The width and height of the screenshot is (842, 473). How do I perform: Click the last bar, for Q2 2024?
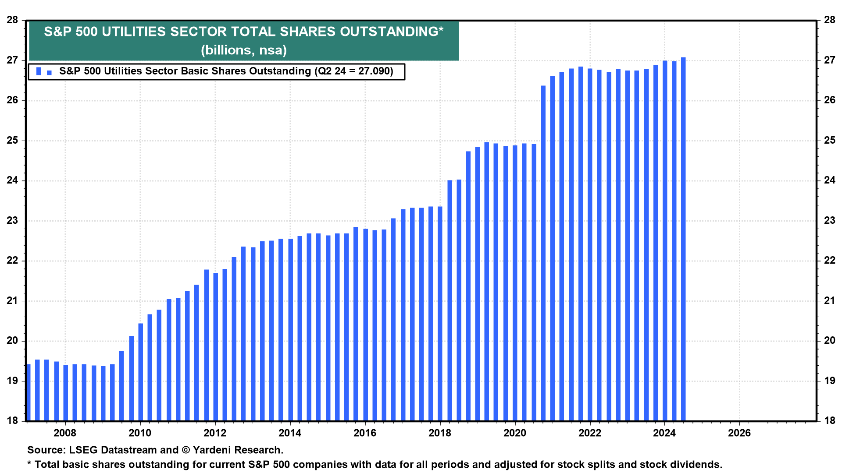tap(683, 239)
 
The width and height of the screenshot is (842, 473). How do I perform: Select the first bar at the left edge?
tap(29, 392)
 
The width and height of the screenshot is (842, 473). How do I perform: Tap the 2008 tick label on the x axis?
tap(65, 433)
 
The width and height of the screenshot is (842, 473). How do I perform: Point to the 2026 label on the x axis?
tap(739, 433)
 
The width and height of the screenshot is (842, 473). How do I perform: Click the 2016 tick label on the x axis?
tap(365, 433)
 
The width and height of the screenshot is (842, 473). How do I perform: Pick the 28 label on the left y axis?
tap(13, 20)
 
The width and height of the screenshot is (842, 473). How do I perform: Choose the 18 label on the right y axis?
tap(829, 421)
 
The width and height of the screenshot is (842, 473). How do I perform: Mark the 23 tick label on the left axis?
tap(13, 221)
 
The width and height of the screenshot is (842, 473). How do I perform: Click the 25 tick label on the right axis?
tap(829, 141)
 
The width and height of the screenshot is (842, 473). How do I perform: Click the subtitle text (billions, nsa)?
tap(244, 50)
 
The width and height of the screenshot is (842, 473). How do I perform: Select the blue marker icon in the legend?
tap(43, 71)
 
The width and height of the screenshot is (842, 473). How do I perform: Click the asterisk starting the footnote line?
tap(29, 464)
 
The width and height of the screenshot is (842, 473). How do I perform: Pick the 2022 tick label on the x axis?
tap(590, 433)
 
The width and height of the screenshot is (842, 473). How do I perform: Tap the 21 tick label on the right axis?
tap(829, 301)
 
